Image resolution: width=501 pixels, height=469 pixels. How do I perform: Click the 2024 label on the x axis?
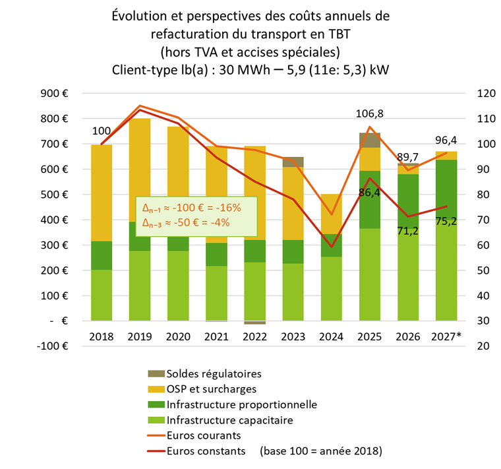pyautogui.click(x=332, y=336)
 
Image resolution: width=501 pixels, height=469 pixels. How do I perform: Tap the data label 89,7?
pyautogui.click(x=408, y=157)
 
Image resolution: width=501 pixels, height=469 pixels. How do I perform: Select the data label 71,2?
pyautogui.click(x=408, y=230)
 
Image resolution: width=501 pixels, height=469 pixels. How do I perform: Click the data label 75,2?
pyautogui.click(x=447, y=222)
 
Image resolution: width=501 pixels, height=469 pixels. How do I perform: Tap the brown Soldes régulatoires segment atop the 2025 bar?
pyautogui.click(x=370, y=140)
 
